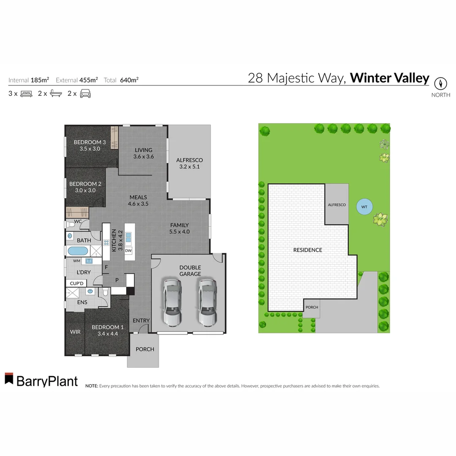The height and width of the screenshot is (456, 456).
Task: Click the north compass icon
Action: click(440, 83)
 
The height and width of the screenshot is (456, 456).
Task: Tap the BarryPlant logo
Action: click(41, 380)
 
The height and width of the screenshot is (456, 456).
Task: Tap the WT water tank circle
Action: click(364, 207)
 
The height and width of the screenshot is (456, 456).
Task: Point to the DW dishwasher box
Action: click(128, 251)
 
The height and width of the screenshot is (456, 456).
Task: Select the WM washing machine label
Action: click(76, 261)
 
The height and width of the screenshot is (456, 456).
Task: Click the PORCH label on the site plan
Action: click(312, 307)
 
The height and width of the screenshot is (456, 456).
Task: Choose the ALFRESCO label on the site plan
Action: click(337, 205)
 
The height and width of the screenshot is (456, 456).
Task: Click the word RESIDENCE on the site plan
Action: click(307, 250)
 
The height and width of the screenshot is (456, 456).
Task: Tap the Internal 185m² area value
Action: click(40, 80)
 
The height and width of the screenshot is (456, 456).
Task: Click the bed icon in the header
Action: click(27, 94)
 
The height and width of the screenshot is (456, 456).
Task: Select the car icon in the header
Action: click(86, 94)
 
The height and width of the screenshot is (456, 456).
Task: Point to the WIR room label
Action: click(75, 332)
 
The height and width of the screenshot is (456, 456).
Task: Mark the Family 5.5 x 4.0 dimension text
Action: click(179, 231)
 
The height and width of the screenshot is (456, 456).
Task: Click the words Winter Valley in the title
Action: click(389, 78)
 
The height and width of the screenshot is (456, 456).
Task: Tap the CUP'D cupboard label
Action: click(76, 283)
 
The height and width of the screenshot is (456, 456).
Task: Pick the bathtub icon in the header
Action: click(56, 94)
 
